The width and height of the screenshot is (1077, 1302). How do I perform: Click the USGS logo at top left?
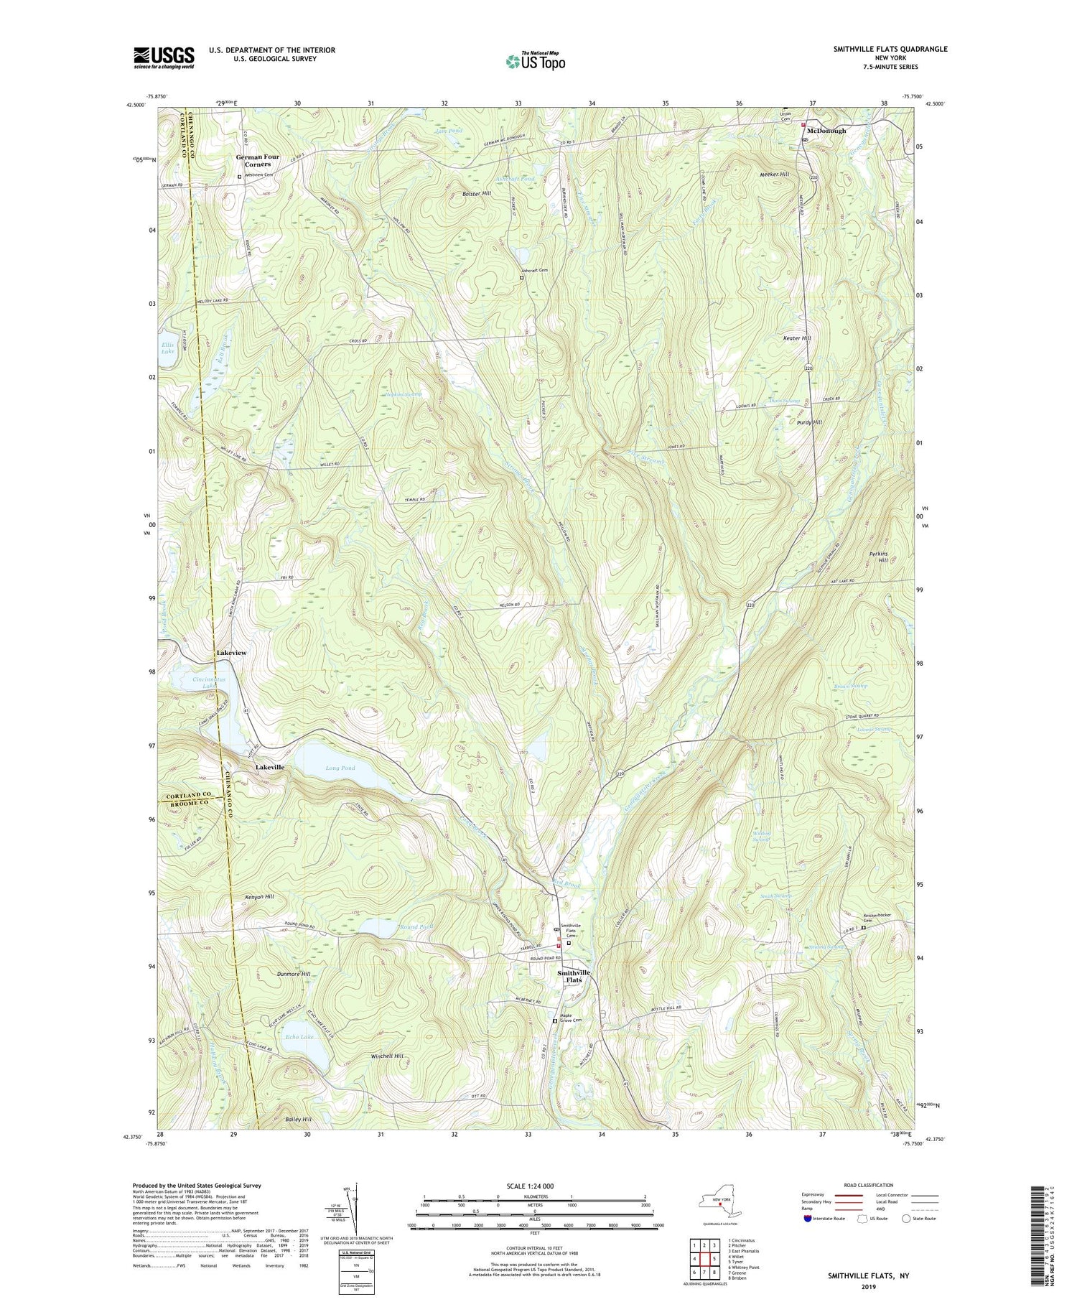(x=164, y=57)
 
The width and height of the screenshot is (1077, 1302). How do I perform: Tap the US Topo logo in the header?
(x=535, y=62)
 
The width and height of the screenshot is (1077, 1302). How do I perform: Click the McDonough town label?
(x=826, y=131)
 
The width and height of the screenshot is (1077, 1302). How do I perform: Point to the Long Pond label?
(x=340, y=768)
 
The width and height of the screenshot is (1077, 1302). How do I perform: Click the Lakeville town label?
(x=270, y=767)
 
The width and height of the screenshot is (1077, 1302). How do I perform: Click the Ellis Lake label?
(x=167, y=348)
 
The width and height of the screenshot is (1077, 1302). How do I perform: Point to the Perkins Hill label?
(x=892, y=559)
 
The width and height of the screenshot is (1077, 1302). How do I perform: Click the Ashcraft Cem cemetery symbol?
(x=522, y=277)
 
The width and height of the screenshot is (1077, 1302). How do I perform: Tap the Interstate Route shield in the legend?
(x=808, y=1219)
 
